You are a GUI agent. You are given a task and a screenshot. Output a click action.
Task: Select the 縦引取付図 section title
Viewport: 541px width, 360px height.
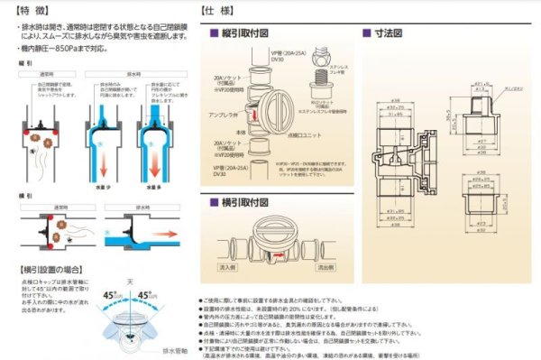click(245, 32)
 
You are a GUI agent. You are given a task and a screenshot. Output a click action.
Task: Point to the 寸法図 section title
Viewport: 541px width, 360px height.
click(389, 32)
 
